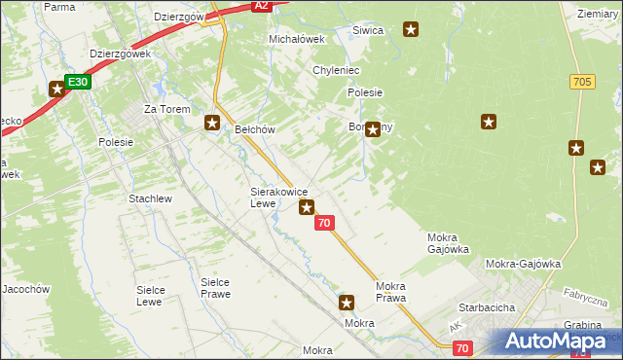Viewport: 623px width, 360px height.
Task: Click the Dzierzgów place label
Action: click(x=178, y=17)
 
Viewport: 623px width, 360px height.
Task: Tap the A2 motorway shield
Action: click(x=260, y=6)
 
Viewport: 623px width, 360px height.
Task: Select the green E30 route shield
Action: click(x=79, y=82)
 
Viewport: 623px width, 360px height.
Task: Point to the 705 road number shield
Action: click(x=583, y=82)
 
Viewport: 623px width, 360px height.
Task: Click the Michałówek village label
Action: click(x=295, y=39)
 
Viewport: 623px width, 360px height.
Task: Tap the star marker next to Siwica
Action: click(x=411, y=30)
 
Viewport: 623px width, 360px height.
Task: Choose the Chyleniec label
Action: click(x=337, y=71)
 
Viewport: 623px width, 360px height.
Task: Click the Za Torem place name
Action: click(x=164, y=109)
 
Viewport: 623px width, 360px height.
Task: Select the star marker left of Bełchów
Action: click(x=211, y=123)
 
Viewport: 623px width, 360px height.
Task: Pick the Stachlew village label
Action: click(x=150, y=198)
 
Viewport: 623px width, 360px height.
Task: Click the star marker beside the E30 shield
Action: click(x=56, y=90)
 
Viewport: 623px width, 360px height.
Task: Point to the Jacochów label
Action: click(x=25, y=289)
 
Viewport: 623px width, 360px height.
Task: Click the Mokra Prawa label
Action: click(x=390, y=292)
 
